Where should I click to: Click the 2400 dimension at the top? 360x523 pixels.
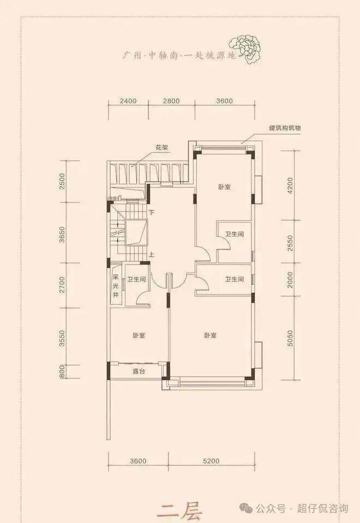[x=128, y=101]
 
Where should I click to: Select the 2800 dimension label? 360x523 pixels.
[x=171, y=101]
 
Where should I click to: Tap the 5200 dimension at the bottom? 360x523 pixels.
[x=211, y=461]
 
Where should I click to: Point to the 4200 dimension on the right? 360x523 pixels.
[x=290, y=185]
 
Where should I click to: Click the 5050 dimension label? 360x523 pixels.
[x=290, y=338]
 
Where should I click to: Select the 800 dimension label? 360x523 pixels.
[x=62, y=371]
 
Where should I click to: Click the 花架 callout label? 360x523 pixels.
[x=161, y=147]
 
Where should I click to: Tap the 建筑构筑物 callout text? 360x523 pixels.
[x=285, y=128]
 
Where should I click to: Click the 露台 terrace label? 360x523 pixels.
[x=139, y=371]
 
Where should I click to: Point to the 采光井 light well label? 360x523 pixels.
[x=116, y=286]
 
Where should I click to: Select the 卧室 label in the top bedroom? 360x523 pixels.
[x=225, y=187]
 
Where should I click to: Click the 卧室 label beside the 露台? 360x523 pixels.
[x=139, y=335]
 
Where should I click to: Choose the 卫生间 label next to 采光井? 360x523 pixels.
[x=136, y=279]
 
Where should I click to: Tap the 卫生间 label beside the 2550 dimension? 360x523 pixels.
[x=234, y=235]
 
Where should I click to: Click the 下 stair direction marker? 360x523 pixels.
[x=152, y=212]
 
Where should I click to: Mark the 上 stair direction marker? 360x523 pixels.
[x=152, y=255]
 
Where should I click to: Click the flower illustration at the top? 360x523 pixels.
[x=245, y=49]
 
